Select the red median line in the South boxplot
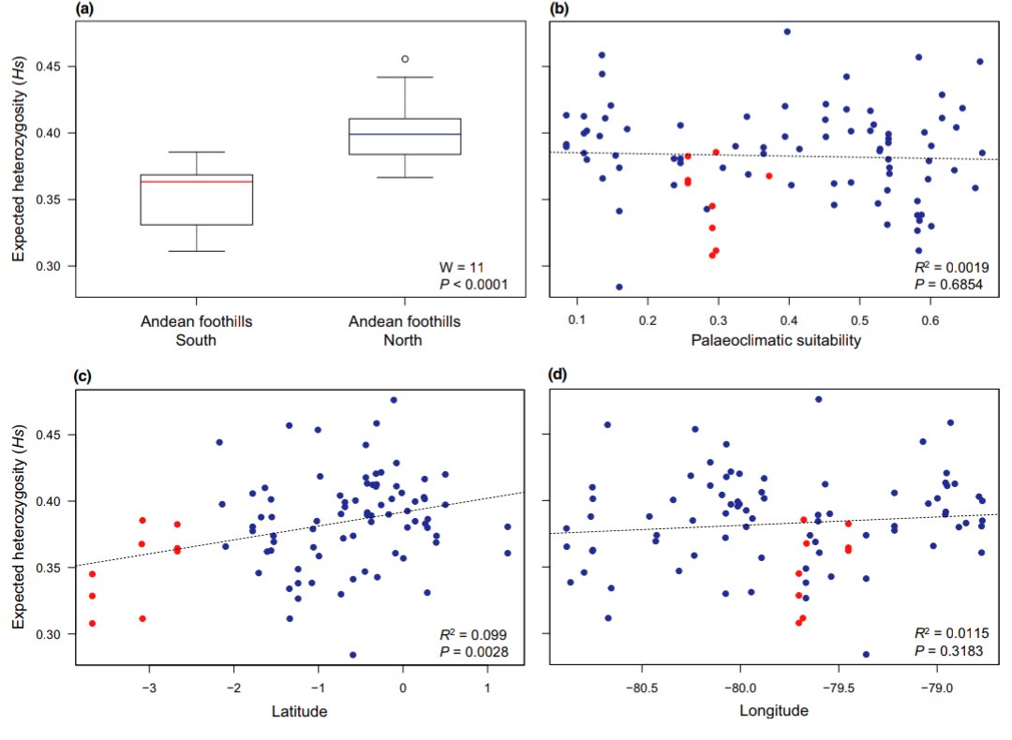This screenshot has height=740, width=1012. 197,181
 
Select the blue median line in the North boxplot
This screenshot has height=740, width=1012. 405,134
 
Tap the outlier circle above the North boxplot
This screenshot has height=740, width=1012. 405,59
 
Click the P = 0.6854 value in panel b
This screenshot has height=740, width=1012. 954,283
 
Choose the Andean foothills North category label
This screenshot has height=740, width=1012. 405,331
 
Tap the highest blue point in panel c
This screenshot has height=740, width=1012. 394,400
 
